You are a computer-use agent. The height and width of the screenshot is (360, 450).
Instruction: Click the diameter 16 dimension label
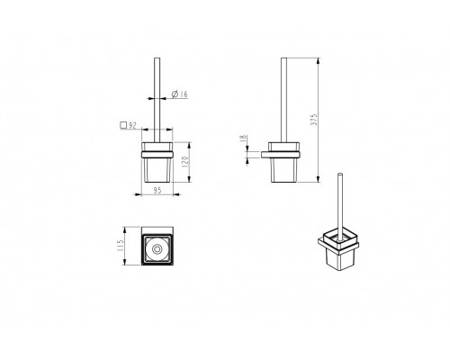[x=179, y=94]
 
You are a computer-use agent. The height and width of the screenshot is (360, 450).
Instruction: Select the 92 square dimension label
[x=129, y=125]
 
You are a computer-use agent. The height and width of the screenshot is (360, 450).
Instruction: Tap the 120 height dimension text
[x=184, y=162]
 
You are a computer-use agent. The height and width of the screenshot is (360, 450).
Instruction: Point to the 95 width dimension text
[x=157, y=190]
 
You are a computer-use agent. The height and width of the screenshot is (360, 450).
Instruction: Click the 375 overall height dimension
[x=314, y=120]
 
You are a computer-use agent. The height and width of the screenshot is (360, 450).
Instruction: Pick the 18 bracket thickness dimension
[x=243, y=139]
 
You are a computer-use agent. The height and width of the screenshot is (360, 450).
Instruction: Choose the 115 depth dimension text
[x=120, y=246]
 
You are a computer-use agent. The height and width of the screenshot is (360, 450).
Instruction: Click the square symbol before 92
[x=123, y=125]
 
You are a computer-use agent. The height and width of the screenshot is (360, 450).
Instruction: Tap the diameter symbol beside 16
[x=175, y=94]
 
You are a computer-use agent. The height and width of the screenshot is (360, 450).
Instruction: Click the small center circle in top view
[x=157, y=249]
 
